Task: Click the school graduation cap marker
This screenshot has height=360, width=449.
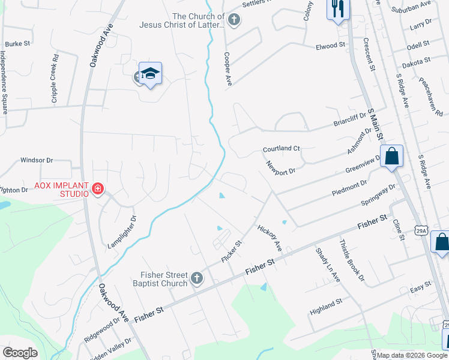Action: [151, 73]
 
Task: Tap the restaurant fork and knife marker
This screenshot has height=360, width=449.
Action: [338, 8]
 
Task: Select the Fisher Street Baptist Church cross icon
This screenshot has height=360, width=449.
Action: [196, 278]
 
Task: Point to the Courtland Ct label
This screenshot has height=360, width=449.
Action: [281, 148]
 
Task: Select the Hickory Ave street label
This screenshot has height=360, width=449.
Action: [270, 238]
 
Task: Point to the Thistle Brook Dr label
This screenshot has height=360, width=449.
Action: [352, 260]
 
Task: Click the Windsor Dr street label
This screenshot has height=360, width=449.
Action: [37, 160]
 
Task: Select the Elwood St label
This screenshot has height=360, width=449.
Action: [331, 45]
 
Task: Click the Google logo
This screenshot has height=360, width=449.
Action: [20, 352]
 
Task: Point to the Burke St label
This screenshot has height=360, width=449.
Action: [17, 44]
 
